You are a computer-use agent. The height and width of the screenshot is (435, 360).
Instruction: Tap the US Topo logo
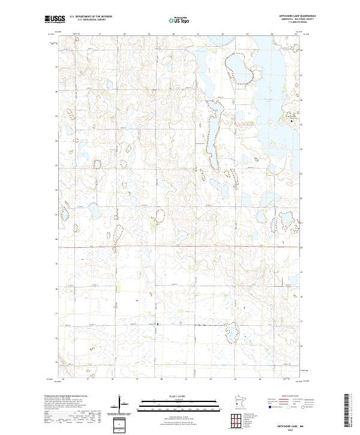point(178,20)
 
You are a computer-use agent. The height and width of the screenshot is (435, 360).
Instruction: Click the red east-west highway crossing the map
point(180,247)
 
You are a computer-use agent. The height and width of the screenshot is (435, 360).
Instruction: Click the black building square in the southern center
point(157,325)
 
